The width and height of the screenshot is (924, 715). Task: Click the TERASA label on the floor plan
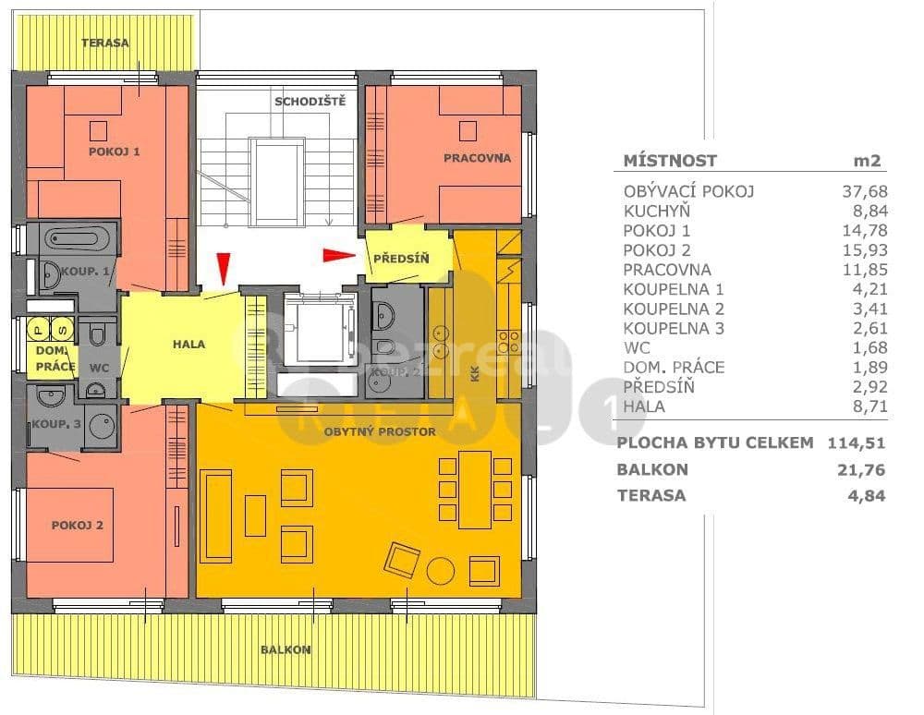(104, 42)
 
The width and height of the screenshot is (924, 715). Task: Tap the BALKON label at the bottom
(286, 649)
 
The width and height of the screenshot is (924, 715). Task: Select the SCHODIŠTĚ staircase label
(310, 101)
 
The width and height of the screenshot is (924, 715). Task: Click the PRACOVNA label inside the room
(477, 158)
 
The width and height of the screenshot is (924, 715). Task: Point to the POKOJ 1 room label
(114, 151)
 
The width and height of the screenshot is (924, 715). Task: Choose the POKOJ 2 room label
(77, 525)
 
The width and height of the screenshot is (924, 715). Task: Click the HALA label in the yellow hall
(188, 345)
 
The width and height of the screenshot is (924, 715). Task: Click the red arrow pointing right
(338, 254)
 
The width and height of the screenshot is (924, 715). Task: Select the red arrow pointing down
(221, 270)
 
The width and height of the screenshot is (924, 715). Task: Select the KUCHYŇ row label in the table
(657, 211)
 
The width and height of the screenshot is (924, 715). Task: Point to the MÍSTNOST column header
(670, 160)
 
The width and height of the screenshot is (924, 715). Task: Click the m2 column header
(869, 160)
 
